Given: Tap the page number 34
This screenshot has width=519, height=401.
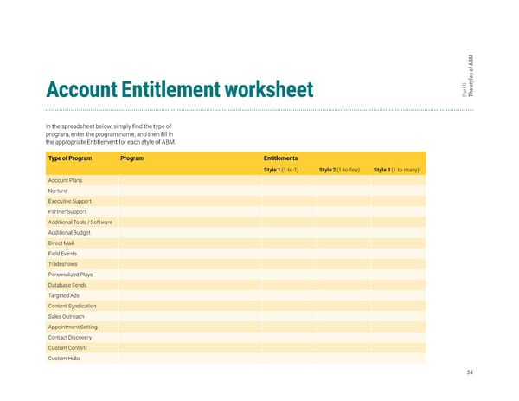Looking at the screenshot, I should click(469, 372).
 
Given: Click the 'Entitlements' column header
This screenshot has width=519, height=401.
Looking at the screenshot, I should click(281, 158).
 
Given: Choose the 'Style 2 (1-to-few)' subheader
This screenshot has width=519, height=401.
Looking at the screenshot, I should click(339, 170).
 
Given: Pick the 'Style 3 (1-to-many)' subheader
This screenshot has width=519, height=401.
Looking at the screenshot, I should click(396, 170).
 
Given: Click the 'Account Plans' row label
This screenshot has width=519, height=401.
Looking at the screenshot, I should click(64, 180).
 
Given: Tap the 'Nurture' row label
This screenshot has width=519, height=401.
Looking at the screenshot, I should click(58, 191).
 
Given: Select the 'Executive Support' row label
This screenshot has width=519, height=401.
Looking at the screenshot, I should click(71, 201).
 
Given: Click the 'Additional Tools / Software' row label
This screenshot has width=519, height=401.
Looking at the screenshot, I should click(80, 223).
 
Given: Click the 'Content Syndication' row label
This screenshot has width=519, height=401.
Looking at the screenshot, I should click(73, 306).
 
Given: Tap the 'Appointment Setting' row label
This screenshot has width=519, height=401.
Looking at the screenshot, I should click(73, 327).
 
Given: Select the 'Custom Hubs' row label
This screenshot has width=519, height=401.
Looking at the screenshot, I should click(65, 359).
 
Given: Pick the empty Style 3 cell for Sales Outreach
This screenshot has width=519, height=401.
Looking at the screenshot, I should click(399, 317).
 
